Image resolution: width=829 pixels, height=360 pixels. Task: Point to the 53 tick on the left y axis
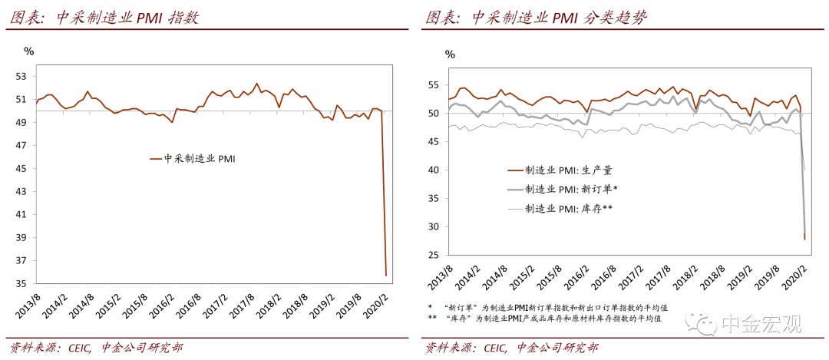[x=21, y=77]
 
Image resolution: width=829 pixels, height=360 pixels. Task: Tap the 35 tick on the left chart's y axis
[x=21, y=284]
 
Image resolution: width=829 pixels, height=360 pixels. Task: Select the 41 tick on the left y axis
[x=21, y=215]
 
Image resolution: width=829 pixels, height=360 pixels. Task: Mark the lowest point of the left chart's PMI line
[x=385, y=275]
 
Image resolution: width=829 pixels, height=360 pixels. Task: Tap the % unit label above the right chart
[x=450, y=54]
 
